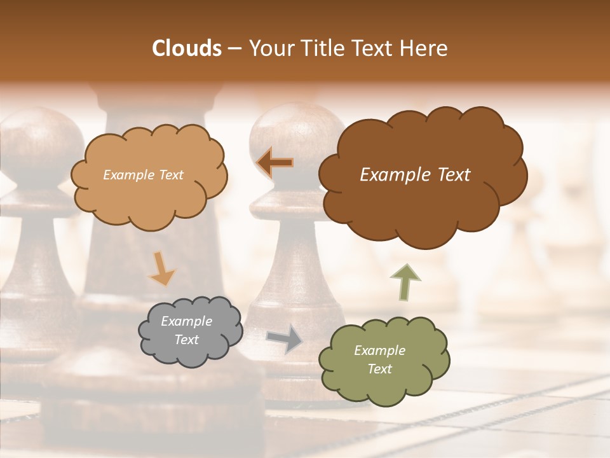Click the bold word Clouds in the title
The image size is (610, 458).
pyautogui.click(x=187, y=48)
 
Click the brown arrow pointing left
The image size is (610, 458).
pyautogui.click(x=274, y=162)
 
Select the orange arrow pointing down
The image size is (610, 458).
pyautogui.click(x=161, y=268)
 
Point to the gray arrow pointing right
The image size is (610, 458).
pyautogui.click(x=284, y=338)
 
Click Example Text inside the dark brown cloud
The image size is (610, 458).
pyautogui.click(x=415, y=175)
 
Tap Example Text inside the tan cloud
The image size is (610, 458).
pyautogui.click(x=143, y=175)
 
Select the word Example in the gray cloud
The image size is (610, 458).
pyautogui.click(x=186, y=322)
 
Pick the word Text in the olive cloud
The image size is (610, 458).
pyautogui.click(x=379, y=369)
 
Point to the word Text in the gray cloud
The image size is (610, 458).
pyautogui.click(x=186, y=340)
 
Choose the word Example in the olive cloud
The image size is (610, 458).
pyautogui.click(x=379, y=350)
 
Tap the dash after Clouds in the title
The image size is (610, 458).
pyautogui.click(x=234, y=48)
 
